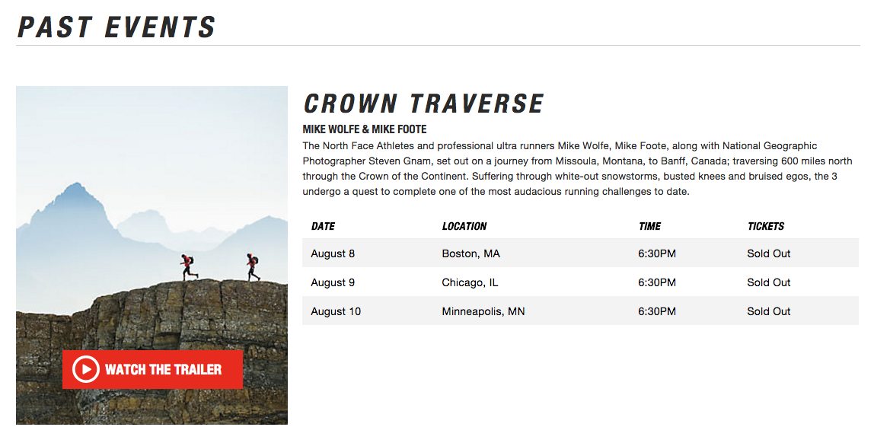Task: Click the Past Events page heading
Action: click(x=116, y=26)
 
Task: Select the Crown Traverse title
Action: click(x=423, y=104)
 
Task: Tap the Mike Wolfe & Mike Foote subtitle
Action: click(x=365, y=130)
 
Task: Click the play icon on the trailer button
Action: click(x=86, y=369)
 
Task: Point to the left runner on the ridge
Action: click(x=188, y=266)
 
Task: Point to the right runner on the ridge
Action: click(x=253, y=266)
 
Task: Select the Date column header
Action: click(x=323, y=226)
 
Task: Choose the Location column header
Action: click(x=464, y=226)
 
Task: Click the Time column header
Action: click(x=649, y=226)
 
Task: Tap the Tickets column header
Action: click(x=766, y=226)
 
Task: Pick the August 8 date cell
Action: click(x=333, y=253)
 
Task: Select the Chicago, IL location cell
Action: click(x=470, y=282)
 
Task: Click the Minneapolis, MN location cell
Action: click(x=483, y=311)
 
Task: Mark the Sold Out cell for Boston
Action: click(x=768, y=253)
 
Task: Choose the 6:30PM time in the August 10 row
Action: click(x=657, y=311)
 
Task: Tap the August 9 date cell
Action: click(x=333, y=282)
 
